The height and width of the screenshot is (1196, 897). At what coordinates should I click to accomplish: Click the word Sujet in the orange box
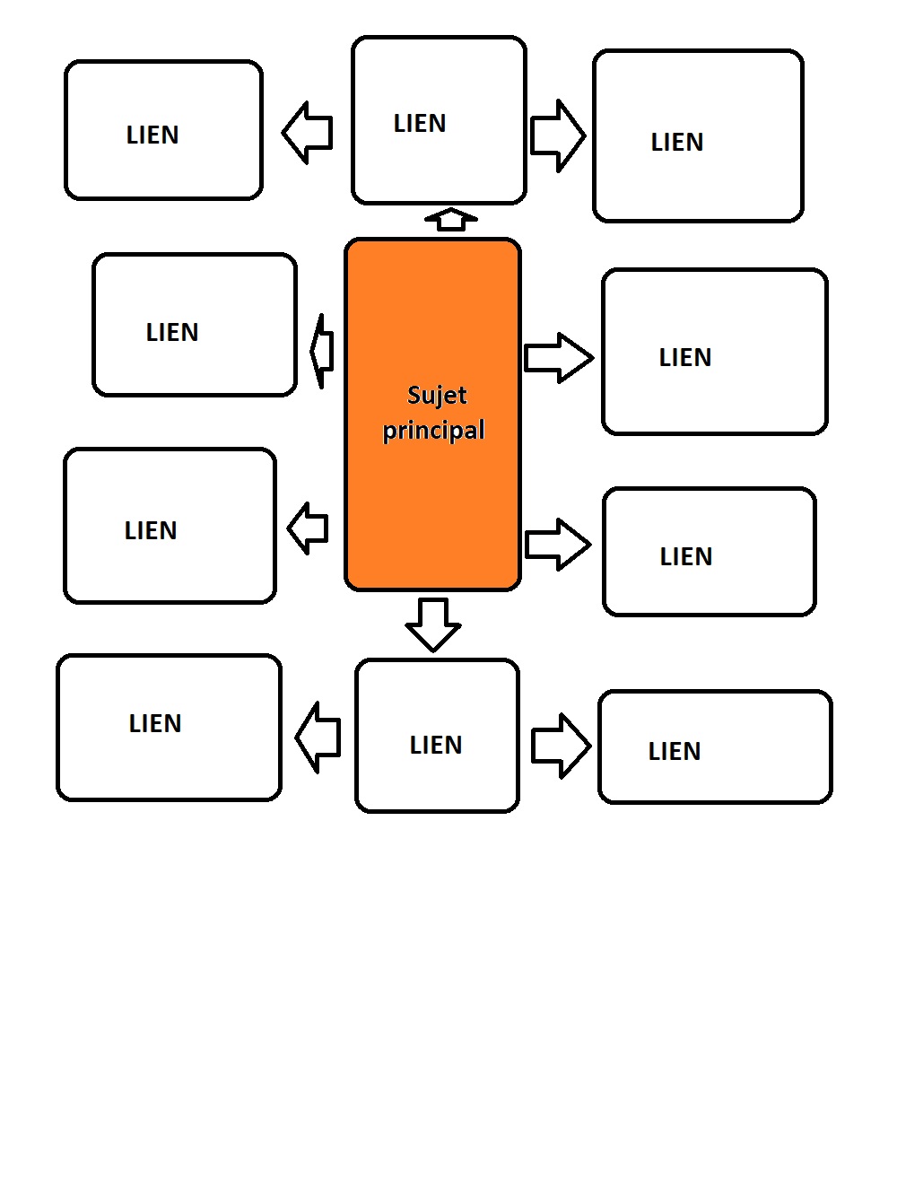click(x=437, y=396)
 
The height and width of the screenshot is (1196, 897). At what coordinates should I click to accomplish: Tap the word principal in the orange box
click(x=433, y=431)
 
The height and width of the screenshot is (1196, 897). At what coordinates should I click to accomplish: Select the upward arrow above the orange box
click(x=451, y=220)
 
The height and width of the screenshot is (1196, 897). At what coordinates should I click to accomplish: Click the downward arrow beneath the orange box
click(x=433, y=624)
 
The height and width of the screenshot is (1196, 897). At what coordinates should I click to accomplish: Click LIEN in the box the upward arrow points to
click(x=420, y=123)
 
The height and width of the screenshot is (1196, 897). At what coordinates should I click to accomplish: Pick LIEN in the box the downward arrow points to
click(x=436, y=745)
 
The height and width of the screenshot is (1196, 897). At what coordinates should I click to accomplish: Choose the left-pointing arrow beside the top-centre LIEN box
click(x=307, y=133)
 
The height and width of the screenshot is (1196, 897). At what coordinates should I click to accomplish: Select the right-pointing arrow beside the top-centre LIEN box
click(x=558, y=135)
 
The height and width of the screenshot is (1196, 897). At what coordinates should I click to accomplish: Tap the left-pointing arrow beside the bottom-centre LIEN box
click(x=318, y=738)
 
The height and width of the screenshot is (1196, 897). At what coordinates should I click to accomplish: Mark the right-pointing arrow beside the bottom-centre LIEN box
click(x=562, y=746)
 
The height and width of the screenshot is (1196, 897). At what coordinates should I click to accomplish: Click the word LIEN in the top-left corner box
click(x=152, y=135)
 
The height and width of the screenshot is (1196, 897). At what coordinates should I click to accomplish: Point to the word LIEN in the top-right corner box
click(x=677, y=143)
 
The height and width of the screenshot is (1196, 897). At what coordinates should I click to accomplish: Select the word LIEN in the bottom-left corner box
click(x=155, y=723)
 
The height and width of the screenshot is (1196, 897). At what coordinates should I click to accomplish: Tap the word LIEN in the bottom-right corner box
click(x=675, y=751)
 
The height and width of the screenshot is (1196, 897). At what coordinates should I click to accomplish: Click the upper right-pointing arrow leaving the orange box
click(x=559, y=358)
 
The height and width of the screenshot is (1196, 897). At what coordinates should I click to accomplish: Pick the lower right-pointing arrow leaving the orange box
click(x=558, y=545)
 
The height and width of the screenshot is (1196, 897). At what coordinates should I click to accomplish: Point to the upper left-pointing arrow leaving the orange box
click(x=321, y=352)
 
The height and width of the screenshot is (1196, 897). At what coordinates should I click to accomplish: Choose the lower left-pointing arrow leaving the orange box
click(x=308, y=528)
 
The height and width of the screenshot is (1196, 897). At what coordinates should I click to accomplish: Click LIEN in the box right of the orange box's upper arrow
click(x=685, y=357)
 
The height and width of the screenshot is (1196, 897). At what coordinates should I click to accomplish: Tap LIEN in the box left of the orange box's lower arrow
click(x=151, y=530)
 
